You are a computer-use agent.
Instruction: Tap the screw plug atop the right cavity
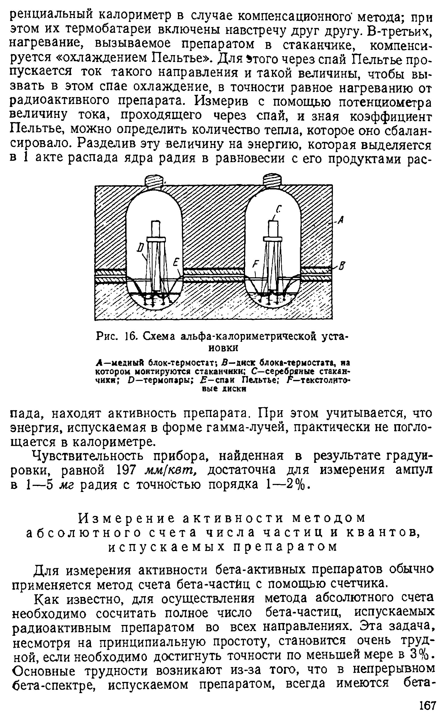272,180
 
